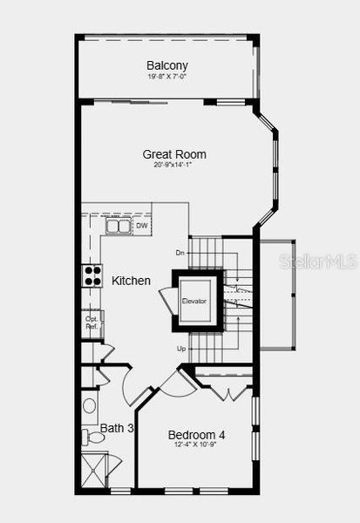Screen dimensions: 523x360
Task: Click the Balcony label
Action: (x=166, y=65)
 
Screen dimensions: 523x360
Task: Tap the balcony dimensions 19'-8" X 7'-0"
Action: (x=166, y=77)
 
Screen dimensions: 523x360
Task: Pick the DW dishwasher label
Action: (x=141, y=227)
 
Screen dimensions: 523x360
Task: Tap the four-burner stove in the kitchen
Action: (x=92, y=275)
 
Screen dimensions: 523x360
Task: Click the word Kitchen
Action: (x=131, y=282)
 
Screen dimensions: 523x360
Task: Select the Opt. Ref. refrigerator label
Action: (x=92, y=323)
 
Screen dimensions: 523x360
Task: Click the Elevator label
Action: (x=194, y=302)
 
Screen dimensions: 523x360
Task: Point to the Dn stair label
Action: (x=180, y=253)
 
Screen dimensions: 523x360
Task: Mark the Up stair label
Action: (x=181, y=349)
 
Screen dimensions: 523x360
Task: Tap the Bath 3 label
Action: (x=117, y=428)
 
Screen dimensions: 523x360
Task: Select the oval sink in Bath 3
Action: (x=90, y=406)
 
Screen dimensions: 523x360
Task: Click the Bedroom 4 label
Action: (x=196, y=435)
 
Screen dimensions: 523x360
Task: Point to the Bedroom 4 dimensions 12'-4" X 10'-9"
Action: (x=196, y=445)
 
